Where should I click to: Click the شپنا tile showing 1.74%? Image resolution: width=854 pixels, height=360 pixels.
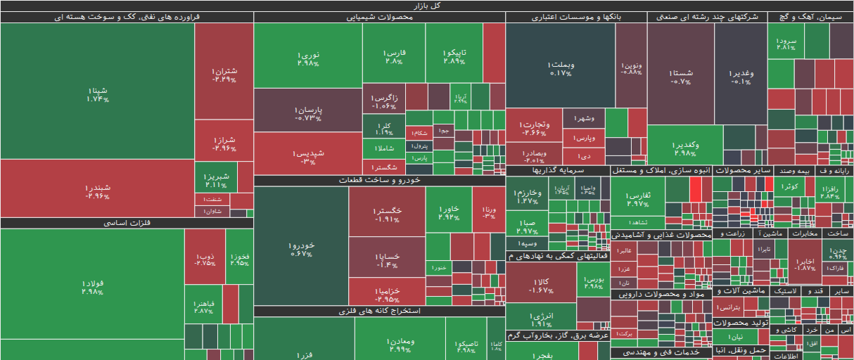(98, 94)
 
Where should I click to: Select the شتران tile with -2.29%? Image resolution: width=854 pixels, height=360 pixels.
(224, 75)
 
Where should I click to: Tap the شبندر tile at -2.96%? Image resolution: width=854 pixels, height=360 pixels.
(98, 191)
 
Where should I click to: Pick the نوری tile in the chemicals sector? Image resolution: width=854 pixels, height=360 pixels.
(307, 58)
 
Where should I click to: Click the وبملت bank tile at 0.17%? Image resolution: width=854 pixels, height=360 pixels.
(561, 68)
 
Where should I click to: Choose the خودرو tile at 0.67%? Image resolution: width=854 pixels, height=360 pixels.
(300, 249)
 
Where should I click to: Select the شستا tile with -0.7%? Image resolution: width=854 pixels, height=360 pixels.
(680, 77)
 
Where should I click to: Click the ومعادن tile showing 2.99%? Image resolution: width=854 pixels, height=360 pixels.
(400, 345)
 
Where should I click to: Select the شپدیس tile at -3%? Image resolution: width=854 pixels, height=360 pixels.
(308, 157)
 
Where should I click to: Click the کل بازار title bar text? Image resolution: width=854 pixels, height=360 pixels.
(427, 6)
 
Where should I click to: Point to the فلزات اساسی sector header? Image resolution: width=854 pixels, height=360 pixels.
(127, 223)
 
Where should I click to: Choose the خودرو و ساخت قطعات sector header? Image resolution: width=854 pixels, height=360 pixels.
(379, 181)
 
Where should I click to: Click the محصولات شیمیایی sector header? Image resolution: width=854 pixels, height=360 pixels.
(379, 18)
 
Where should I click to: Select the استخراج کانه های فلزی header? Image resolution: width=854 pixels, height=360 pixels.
(379, 311)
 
